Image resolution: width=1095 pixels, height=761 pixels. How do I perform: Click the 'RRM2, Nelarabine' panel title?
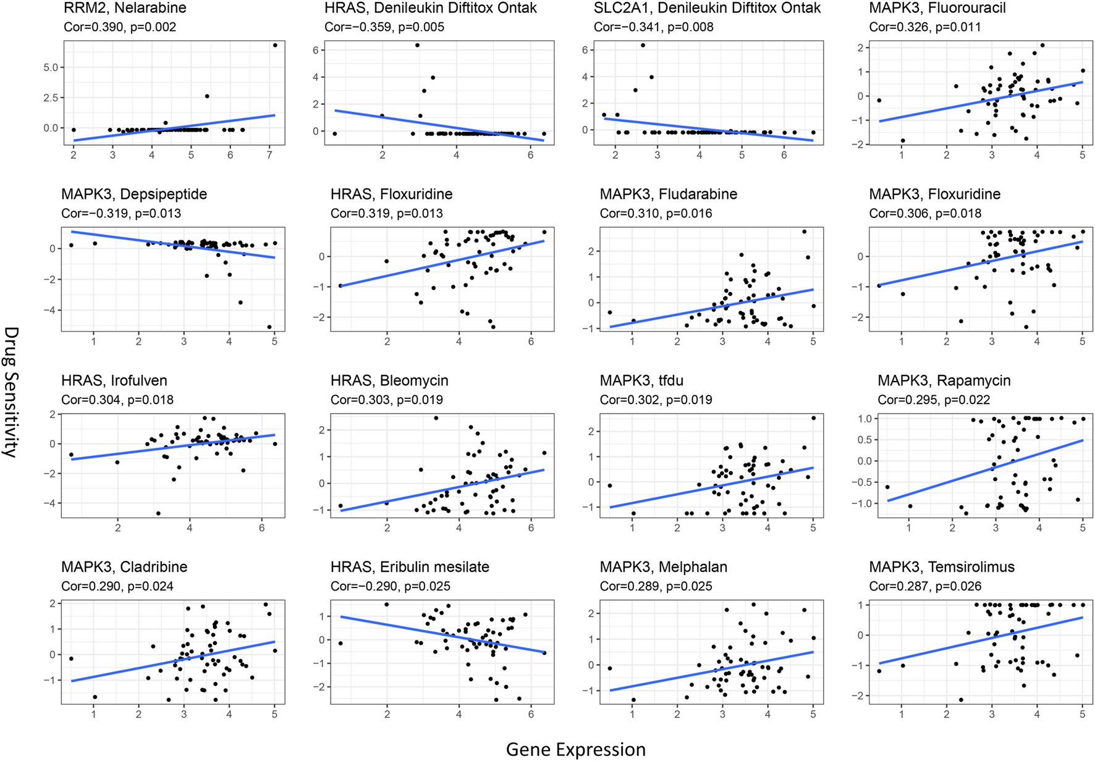coord(125,9)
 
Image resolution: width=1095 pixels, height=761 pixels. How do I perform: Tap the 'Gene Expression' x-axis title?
coord(575,749)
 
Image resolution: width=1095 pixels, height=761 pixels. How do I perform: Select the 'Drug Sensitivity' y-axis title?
coord(11,392)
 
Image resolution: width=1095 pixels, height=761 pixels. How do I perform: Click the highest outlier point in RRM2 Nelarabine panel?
coord(275,45)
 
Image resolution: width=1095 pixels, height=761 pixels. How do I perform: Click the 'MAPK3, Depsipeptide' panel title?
coord(133,195)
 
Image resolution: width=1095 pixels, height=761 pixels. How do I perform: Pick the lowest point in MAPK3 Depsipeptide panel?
coord(269,327)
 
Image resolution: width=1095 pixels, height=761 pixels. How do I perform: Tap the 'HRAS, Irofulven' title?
coord(114,380)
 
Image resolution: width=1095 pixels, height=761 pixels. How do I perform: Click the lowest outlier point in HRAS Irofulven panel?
coord(158,513)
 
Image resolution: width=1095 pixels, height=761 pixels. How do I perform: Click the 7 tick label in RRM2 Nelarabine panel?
coord(269,155)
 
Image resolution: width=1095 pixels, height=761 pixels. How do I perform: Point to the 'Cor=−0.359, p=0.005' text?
coord(384,27)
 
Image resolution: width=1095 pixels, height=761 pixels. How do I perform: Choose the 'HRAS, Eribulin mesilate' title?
coord(409,567)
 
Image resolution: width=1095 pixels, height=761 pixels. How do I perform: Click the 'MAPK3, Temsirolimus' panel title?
coord(941,567)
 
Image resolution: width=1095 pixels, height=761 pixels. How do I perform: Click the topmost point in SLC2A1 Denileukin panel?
coord(643,45)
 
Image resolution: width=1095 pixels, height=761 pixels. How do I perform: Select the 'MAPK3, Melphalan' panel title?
coord(663,567)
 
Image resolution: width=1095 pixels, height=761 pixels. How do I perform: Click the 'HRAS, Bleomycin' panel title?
coord(389,380)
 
